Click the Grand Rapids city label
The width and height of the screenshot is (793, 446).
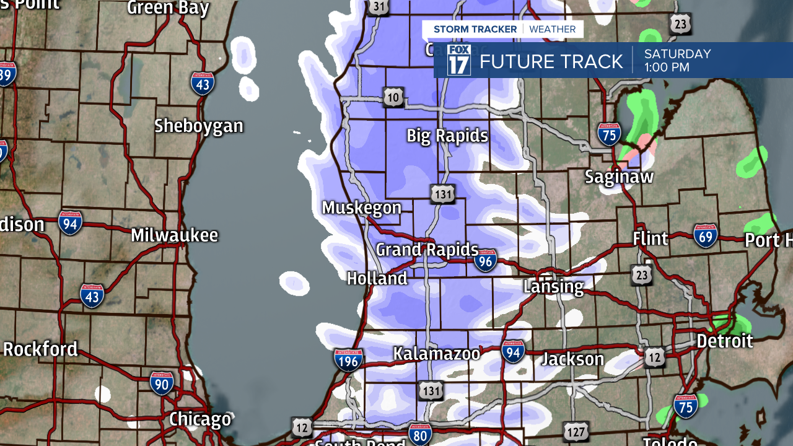click(x=427, y=250)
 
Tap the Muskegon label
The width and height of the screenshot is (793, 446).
click(x=361, y=208)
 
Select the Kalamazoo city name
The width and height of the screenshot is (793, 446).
click(x=437, y=354)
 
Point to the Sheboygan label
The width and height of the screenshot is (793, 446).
click(x=198, y=126)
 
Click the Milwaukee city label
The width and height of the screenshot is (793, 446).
click(x=174, y=235)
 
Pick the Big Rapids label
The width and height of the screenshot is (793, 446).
click(x=447, y=136)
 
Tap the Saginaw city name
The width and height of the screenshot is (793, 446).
click(x=619, y=177)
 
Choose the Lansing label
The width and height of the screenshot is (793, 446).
click(x=553, y=286)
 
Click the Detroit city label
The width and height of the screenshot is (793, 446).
click(x=724, y=341)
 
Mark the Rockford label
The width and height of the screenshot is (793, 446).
click(x=40, y=349)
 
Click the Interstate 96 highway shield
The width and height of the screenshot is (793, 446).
click(x=486, y=261)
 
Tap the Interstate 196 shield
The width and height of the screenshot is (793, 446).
click(x=348, y=360)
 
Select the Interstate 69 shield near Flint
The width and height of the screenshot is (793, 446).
click(x=706, y=236)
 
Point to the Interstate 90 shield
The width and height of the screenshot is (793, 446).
click(x=162, y=383)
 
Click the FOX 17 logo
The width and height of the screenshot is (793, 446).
click(x=459, y=60)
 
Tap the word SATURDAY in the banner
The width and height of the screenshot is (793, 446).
click(x=677, y=54)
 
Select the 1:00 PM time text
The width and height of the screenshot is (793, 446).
click(x=667, y=68)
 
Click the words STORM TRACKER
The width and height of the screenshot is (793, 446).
click(x=475, y=29)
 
